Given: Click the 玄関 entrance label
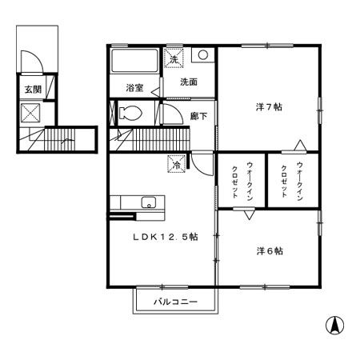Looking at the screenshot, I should (x=33, y=90).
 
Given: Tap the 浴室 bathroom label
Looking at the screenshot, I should (x=135, y=87).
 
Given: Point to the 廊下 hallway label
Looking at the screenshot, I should (x=198, y=117).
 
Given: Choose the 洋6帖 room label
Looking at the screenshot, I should (x=270, y=250).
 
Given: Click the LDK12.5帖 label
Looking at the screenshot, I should (x=165, y=237).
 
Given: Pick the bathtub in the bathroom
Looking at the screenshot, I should (x=134, y=62).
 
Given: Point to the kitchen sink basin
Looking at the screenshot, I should (x=147, y=202).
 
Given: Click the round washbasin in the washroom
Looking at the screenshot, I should (x=203, y=55).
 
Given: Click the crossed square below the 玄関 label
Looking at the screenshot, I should (x=32, y=113).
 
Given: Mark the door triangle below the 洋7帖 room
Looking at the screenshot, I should (x=299, y=146).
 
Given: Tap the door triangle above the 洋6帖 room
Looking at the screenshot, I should (x=248, y=214).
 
